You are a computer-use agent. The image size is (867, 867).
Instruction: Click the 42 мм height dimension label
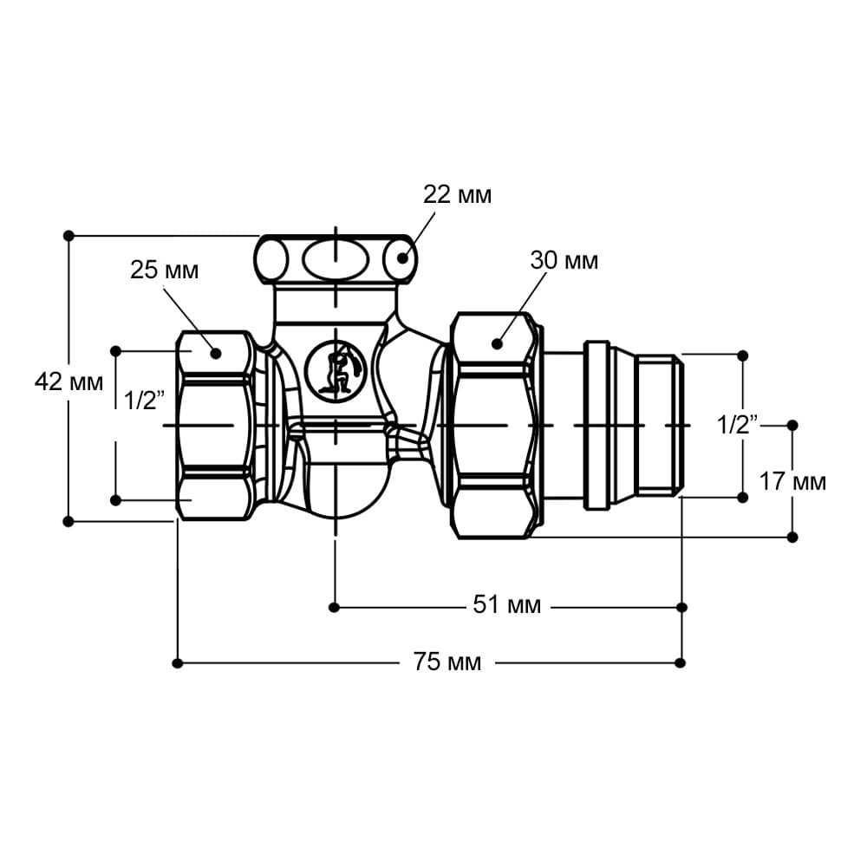[68, 382]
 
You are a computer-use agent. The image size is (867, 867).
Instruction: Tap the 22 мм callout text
[457, 194]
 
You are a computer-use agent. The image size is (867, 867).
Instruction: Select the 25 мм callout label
[164, 271]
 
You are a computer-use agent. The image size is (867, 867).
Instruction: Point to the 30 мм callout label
[564, 260]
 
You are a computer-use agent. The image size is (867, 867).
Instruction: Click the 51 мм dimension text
[507, 605]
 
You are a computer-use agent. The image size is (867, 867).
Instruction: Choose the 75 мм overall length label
[447, 662]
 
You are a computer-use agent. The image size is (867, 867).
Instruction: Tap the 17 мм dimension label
[792, 481]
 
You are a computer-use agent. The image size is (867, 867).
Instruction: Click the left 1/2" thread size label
[144, 401]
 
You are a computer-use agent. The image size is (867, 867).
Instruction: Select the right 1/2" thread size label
[738, 425]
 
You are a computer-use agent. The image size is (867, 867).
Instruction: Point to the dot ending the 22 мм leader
[402, 257]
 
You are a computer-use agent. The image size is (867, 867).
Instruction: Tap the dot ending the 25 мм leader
[216, 354]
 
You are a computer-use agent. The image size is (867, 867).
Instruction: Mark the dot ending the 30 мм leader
[497, 344]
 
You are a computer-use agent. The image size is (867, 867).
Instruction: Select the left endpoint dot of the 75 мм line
[178, 663]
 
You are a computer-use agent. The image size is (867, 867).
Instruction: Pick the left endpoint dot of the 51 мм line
[334, 608]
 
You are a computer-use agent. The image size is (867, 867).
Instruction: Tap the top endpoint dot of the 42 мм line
[68, 236]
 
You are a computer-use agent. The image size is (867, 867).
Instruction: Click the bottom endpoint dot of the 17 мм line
[792, 537]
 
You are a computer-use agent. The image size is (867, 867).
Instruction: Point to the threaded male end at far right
[659, 425]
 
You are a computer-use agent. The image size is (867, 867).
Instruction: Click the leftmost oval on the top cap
[271, 259]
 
